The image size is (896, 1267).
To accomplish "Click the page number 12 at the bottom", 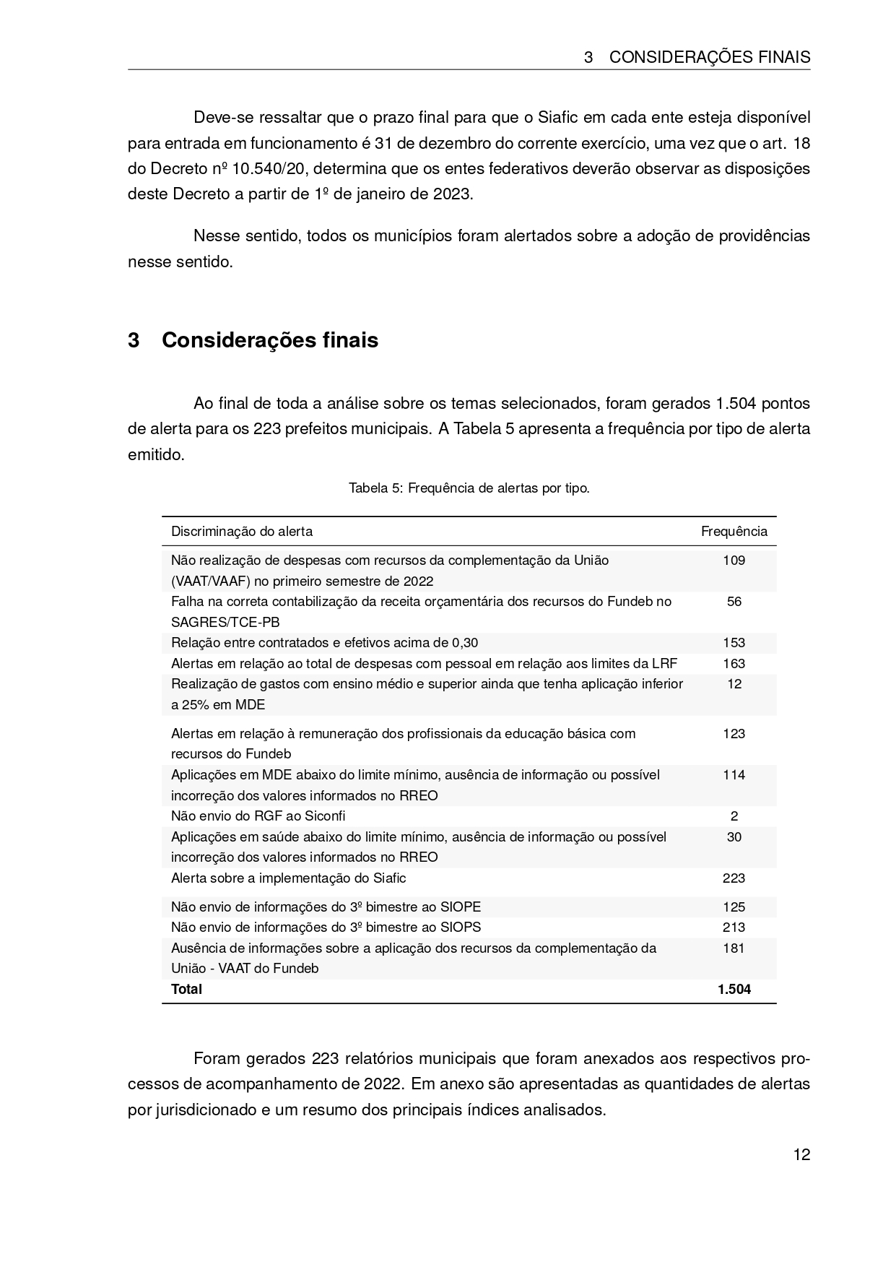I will point(801,1154).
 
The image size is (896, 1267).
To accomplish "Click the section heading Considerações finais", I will point(269,340).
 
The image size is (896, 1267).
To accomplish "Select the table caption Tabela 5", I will point(469,488).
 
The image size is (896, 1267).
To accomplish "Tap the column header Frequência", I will point(734,532).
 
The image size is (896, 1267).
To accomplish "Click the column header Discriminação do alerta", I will point(242,532).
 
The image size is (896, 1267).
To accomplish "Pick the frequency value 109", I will point(734,561).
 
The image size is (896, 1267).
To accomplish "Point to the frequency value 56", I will point(734,602).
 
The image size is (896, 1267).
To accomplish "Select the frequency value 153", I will point(734,643).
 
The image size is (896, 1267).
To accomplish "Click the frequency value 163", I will point(734,664).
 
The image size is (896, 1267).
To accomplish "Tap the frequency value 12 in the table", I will point(734,684).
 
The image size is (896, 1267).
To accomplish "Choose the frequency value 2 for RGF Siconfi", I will point(734,816).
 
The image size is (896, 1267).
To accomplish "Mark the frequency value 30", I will point(734,837).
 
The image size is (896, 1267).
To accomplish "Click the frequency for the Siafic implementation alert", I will point(734,878).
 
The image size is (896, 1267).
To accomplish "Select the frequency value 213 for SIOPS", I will point(734,927).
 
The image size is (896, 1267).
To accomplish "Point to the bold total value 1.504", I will point(734,990).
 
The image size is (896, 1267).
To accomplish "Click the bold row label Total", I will point(186,990).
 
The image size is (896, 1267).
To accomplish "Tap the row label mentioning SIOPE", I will point(326,907).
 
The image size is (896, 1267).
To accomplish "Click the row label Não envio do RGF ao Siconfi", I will point(258,816).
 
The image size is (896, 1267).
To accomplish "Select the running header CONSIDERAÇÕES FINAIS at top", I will point(709,58).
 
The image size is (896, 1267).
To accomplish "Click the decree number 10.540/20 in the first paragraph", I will point(269,169).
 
